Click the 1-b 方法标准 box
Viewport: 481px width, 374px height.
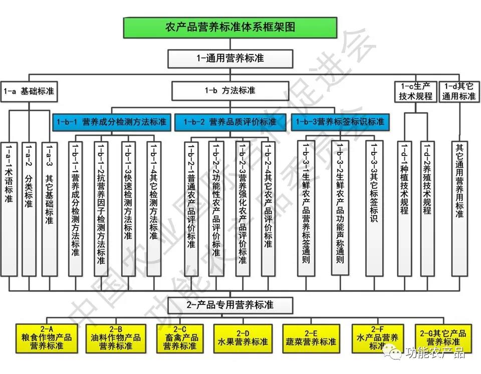pyautogui.click(x=230, y=90)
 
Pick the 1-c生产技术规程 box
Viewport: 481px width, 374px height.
pyautogui.click(x=415, y=91)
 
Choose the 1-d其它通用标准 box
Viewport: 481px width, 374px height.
pyautogui.click(x=458, y=91)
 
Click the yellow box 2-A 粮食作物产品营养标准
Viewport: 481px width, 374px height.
pyautogui.click(x=44, y=337)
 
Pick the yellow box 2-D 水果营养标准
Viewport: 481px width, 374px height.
pyautogui.click(x=243, y=337)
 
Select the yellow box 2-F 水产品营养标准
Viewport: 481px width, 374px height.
pyautogui.click(x=378, y=337)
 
